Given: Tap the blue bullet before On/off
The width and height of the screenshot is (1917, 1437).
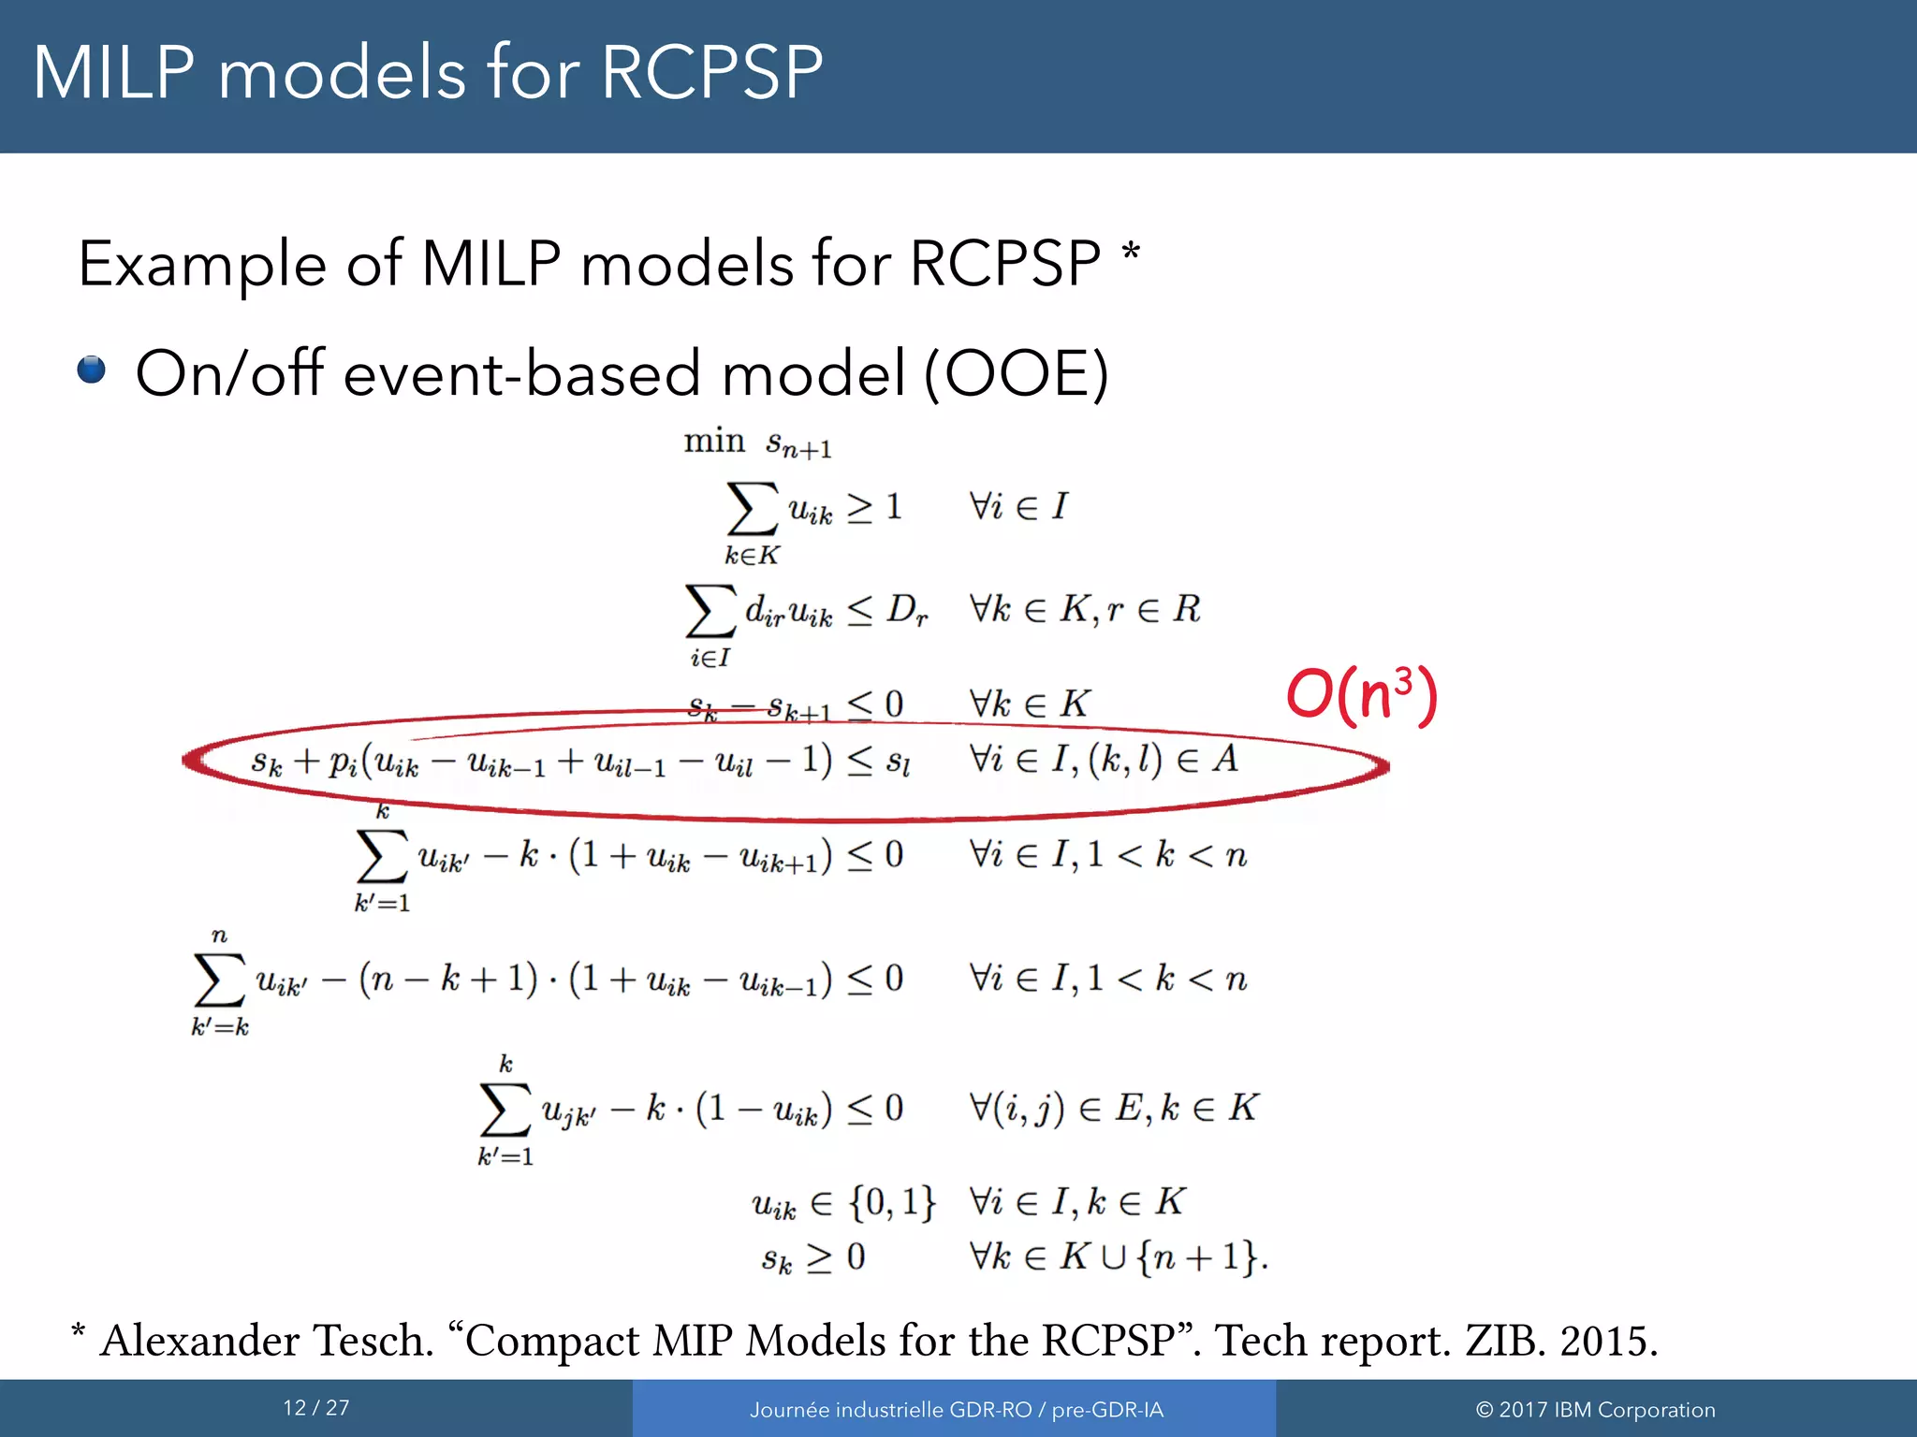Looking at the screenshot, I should pyautogui.click(x=92, y=370).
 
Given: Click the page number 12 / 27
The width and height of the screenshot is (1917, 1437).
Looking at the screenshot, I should pyautogui.click(x=316, y=1408).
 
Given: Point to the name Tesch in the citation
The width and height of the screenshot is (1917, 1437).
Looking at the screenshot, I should pyautogui.click(x=372, y=1341).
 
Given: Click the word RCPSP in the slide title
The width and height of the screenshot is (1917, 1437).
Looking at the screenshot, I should pyautogui.click(x=711, y=73).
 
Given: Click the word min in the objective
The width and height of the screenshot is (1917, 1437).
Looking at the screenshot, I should pyautogui.click(x=713, y=440).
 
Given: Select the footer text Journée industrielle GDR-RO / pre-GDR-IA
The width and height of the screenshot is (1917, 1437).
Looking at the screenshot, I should pyautogui.click(x=956, y=1410).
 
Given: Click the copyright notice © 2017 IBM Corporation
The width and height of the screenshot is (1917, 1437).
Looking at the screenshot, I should pyautogui.click(x=1596, y=1410).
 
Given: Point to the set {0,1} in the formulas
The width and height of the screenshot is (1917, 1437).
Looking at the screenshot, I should pyautogui.click(x=892, y=1201).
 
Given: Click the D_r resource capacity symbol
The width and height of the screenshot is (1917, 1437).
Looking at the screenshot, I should pyautogui.click(x=907, y=610).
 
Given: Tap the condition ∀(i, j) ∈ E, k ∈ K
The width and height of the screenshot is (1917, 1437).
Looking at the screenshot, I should pyautogui.click(x=1114, y=1109).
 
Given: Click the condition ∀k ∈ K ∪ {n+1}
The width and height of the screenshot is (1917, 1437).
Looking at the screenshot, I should pyautogui.click(x=1119, y=1256).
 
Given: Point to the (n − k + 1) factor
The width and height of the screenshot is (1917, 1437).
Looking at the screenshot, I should pyautogui.click(x=448, y=979).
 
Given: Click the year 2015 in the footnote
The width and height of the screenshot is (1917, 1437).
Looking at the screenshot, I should pyautogui.click(x=1608, y=1341).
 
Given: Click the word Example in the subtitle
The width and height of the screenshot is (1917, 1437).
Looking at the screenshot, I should pyautogui.click(x=201, y=265).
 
